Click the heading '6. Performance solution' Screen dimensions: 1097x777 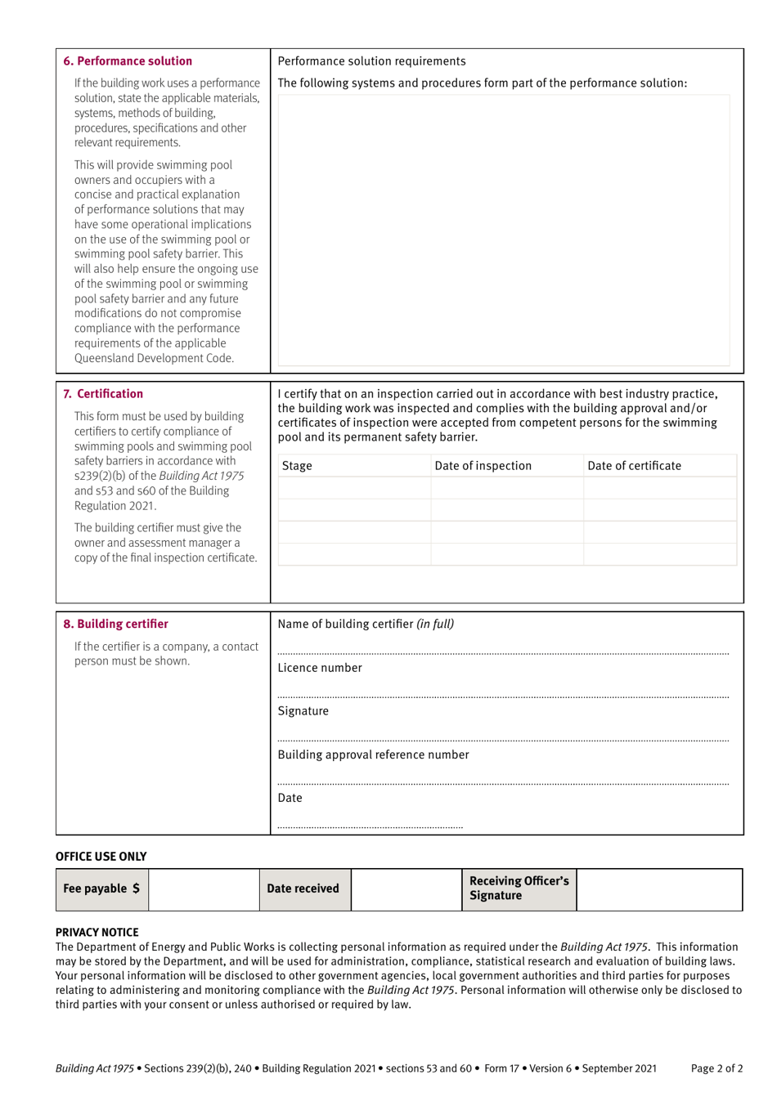pos(128,61)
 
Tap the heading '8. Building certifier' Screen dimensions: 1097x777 pos(115,625)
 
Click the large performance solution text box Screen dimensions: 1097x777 pos(503,230)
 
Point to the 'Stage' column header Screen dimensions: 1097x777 pos(297,466)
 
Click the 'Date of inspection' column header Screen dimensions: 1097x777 pos(483,466)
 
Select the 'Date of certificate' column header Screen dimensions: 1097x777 pos(634,466)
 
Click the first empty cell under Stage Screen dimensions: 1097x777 pos(354,488)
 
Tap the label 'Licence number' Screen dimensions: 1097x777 pos(320,668)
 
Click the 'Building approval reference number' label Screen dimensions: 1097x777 pos(373,754)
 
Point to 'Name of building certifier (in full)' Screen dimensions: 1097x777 pos(366,625)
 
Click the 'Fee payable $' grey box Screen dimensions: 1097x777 pos(101,889)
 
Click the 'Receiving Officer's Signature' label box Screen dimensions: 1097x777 pos(519,889)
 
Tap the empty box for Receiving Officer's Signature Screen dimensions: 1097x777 pos(659,889)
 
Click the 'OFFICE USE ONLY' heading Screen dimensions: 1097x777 pos(101,857)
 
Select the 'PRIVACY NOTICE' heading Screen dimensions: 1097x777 pos(97,932)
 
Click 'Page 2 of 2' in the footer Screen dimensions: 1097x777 pos(716,1068)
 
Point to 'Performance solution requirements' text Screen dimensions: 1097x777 pos(371,61)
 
